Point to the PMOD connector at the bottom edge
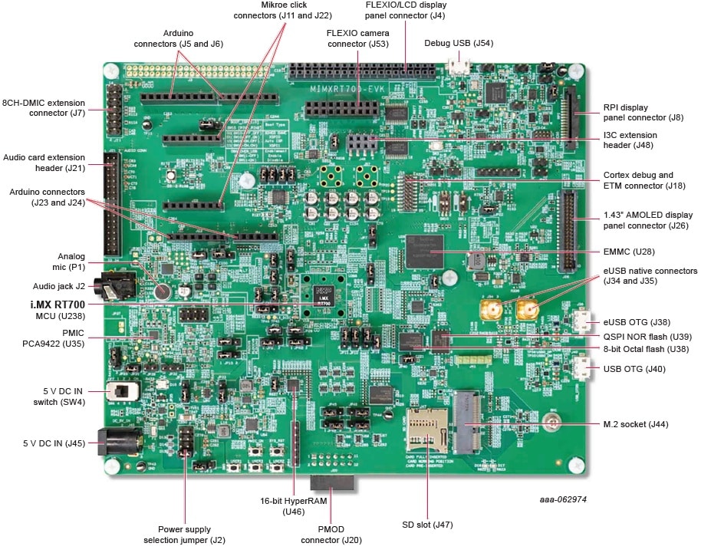[x=331, y=484]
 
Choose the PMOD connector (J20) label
[x=341, y=535]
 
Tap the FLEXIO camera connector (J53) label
[x=357, y=38]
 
